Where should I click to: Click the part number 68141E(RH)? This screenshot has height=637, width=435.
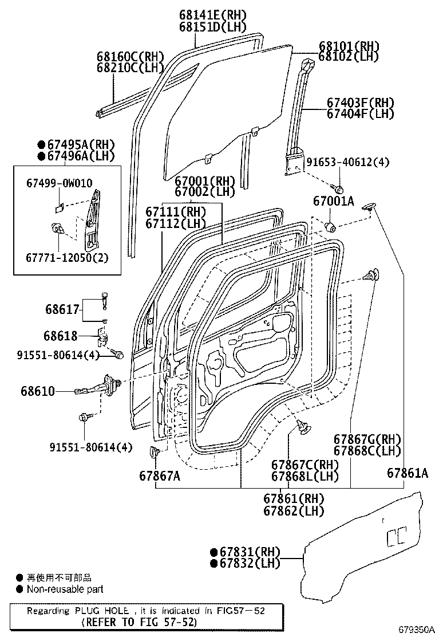point(212,15)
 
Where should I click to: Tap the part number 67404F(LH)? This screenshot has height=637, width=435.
point(361,113)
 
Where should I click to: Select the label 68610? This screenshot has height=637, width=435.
point(54,391)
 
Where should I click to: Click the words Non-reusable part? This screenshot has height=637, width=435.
point(65,589)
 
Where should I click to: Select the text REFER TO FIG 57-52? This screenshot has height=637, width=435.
point(140,622)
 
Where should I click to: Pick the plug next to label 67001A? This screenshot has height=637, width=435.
point(331,226)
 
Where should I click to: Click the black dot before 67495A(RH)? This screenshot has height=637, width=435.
point(42,144)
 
